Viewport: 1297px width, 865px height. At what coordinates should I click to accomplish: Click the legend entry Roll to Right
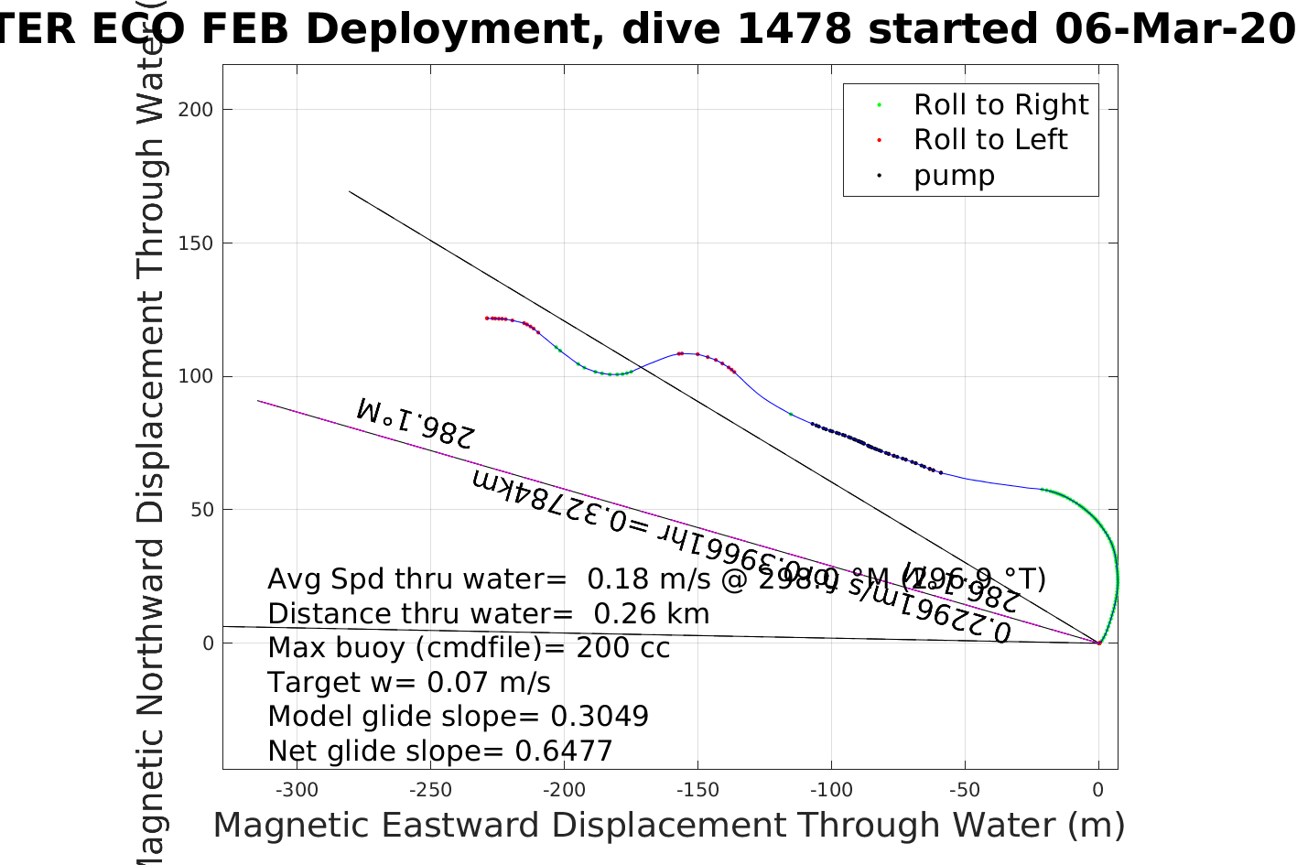pos(1000,105)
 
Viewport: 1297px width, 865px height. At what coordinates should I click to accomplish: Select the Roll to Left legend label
pos(989,140)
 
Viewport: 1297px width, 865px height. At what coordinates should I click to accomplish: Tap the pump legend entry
pos(953,176)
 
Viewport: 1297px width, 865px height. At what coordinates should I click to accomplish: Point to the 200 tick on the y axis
pos(195,110)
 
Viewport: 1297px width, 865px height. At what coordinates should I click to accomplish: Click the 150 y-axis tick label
pos(195,243)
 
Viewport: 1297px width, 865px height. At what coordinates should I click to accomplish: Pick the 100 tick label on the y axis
pos(195,376)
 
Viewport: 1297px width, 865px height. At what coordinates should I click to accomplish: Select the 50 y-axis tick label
pos(201,510)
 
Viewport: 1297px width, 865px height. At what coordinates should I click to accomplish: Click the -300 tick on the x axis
pos(297,790)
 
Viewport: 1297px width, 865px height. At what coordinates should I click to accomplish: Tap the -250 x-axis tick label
pos(430,790)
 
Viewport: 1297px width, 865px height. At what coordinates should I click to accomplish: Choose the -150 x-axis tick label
pos(697,790)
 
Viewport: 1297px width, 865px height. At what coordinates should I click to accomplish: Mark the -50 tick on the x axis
pos(965,790)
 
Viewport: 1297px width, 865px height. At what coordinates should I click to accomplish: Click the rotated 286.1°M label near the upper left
pos(416,422)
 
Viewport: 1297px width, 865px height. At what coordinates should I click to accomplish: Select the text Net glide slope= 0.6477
pos(439,751)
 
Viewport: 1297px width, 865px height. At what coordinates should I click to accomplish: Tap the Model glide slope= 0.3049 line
pos(458,717)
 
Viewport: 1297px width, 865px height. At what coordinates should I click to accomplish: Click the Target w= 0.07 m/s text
pos(409,683)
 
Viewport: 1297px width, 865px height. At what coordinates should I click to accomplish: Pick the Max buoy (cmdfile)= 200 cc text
pos(469,648)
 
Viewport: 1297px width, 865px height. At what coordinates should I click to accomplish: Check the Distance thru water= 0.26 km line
pos(488,614)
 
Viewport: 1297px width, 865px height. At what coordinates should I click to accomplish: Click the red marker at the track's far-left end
pos(487,318)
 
